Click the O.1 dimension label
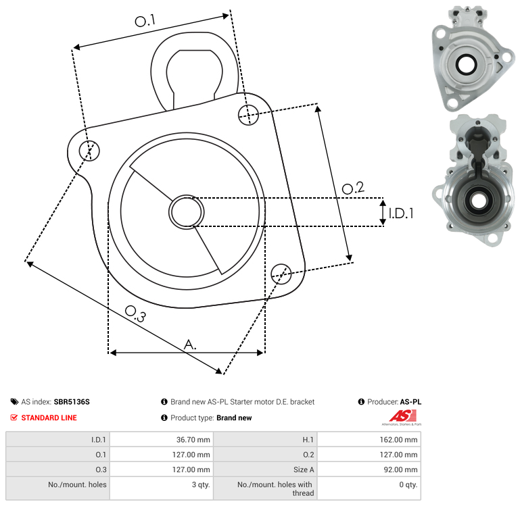(145, 21)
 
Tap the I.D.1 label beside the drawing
(400, 213)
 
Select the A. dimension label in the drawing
(191, 345)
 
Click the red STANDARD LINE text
(49, 418)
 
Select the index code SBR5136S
(72, 401)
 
